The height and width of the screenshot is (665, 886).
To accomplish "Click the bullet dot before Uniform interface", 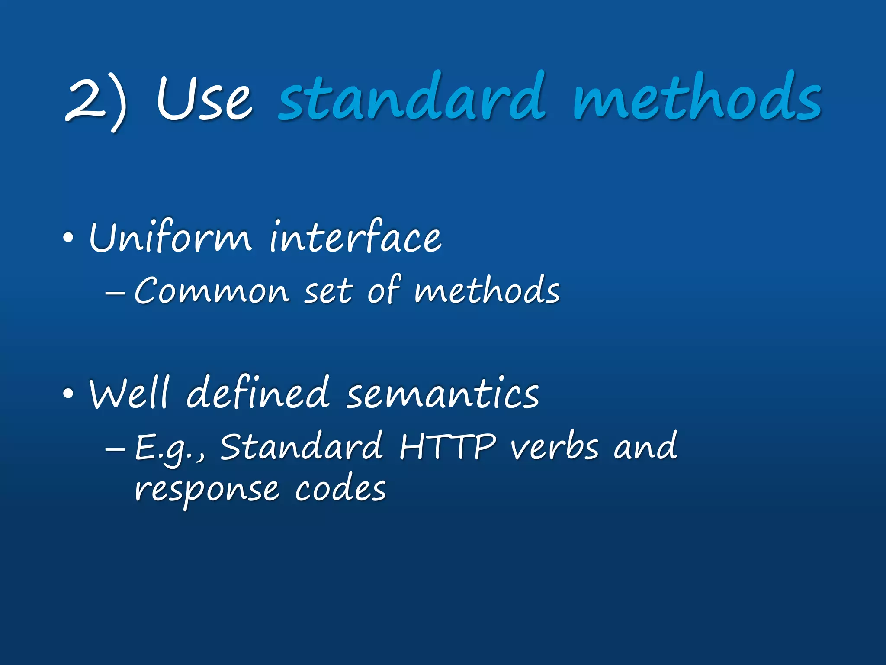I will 68,238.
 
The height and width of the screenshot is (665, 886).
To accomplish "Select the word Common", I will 212,291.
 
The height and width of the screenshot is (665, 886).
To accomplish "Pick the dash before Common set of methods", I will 115,293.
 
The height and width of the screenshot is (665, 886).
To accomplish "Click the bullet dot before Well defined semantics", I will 68,394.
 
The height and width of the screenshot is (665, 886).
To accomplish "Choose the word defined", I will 258,392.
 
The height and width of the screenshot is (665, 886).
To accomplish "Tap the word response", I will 207,491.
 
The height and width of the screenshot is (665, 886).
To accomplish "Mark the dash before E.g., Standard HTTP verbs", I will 115,449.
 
